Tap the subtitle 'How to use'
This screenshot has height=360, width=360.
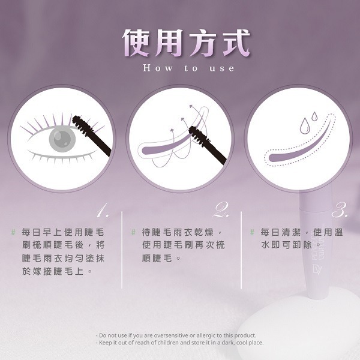click(x=189, y=68)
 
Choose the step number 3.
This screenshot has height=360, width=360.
click(x=341, y=211)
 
